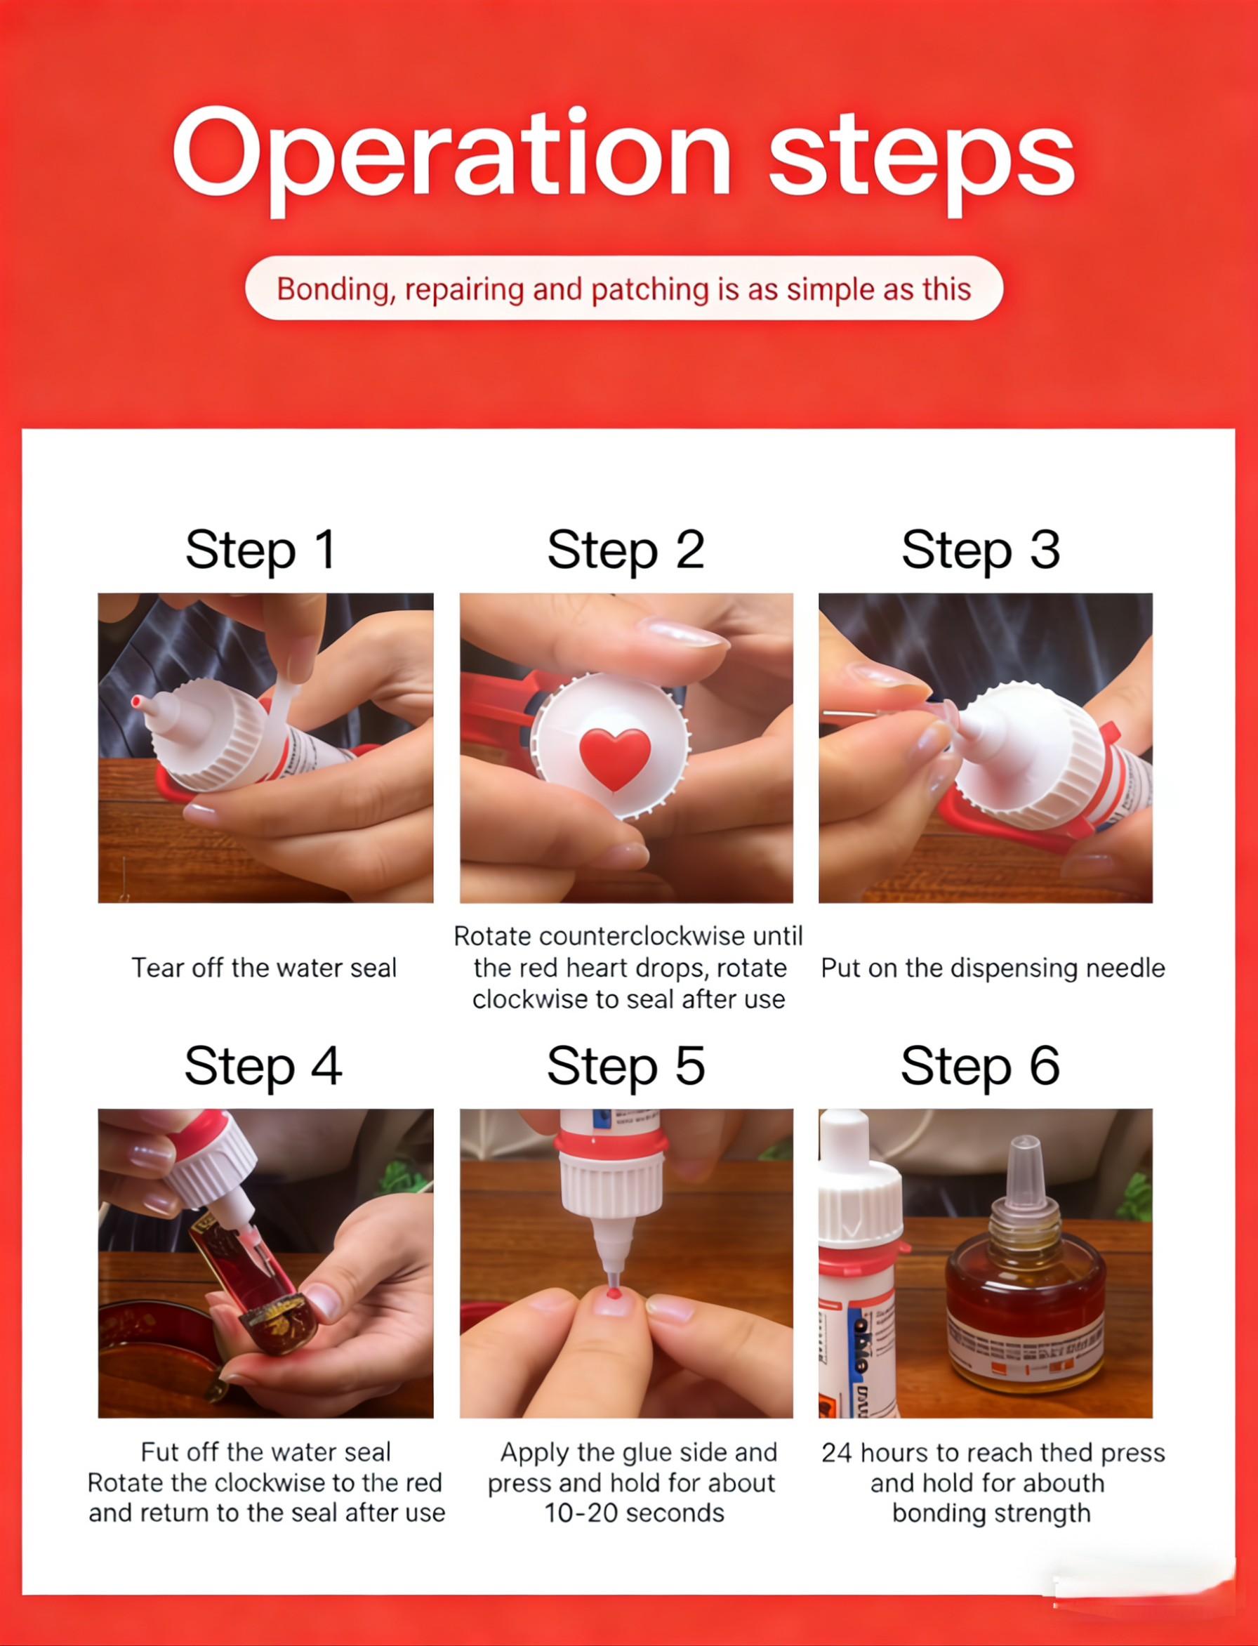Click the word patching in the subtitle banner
650,291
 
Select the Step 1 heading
260,551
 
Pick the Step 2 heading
626,551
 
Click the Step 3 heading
981,551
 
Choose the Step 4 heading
263,1067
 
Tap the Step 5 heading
626,1067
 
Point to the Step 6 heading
980,1067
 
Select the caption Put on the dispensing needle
993,968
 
